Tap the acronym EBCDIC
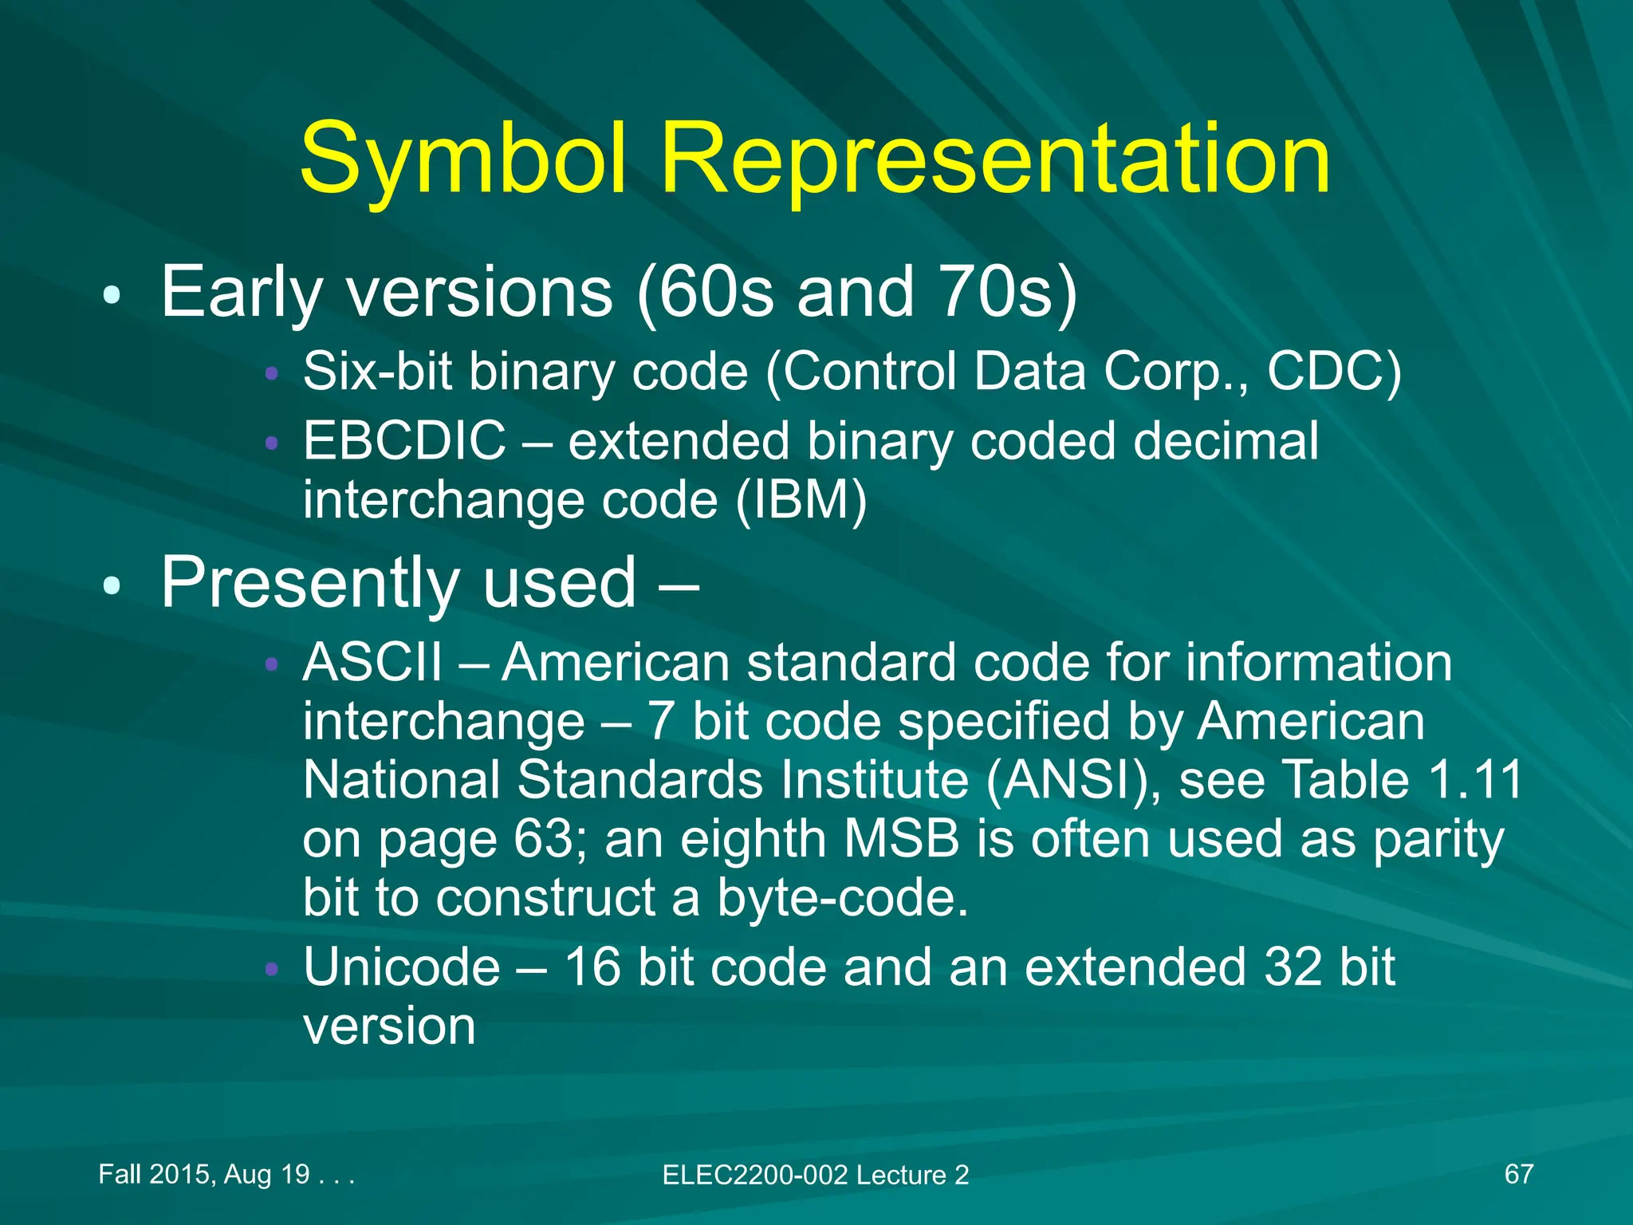tap(404, 440)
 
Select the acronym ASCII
tap(372, 662)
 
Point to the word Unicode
tap(402, 967)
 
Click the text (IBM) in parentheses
tap(801, 501)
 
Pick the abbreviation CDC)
tap(1333, 372)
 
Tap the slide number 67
tap(1518, 1174)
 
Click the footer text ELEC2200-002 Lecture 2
tap(815, 1175)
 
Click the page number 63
tap(542, 839)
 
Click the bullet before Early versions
tap(112, 296)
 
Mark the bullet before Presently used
tap(112, 586)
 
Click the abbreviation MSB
tap(901, 839)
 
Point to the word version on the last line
tap(389, 1026)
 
